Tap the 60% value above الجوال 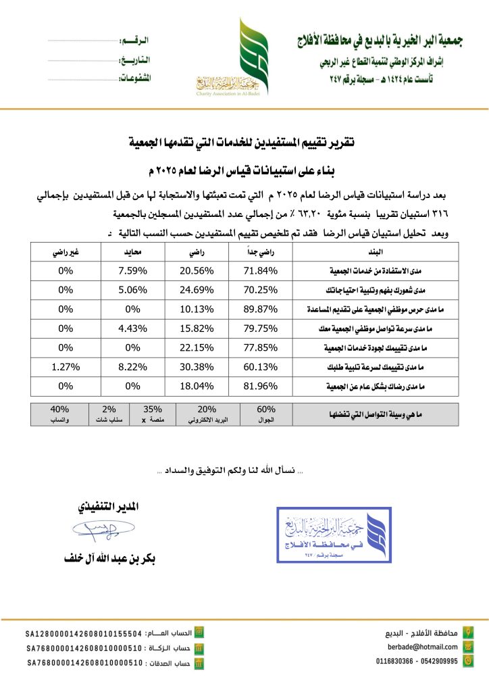pos(265,409)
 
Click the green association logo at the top pos(246,57)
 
